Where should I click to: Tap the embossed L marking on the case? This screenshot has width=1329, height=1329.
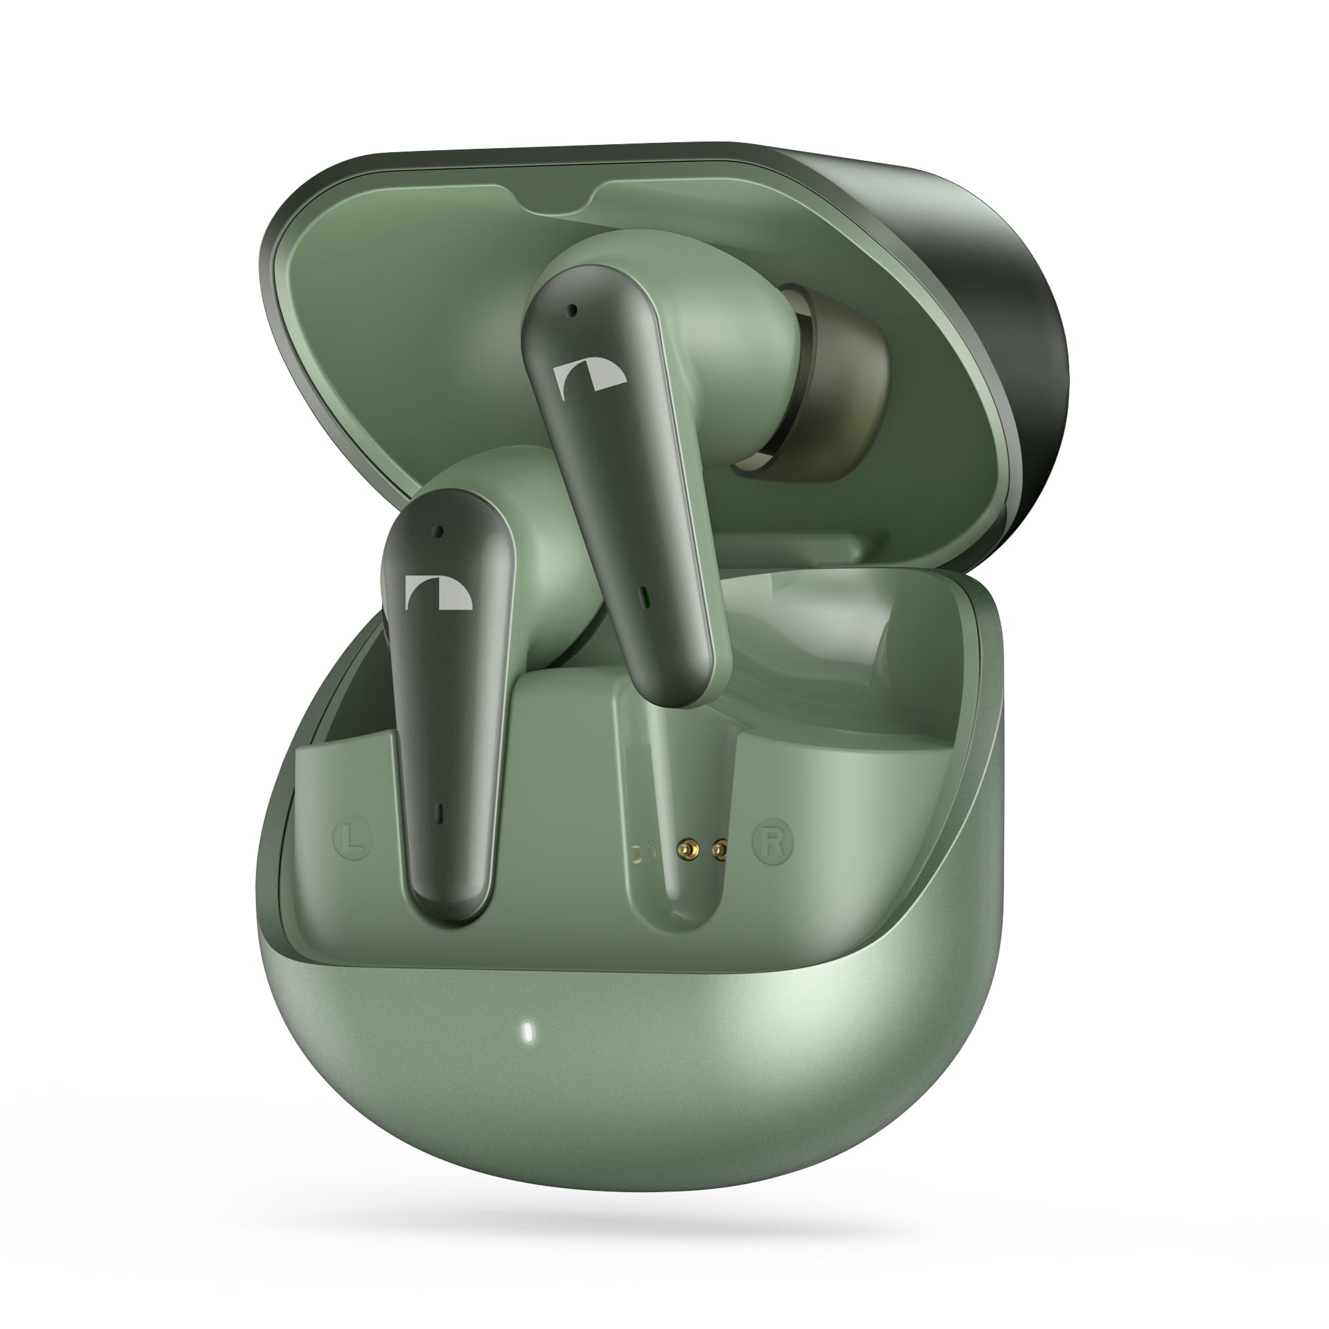tap(353, 839)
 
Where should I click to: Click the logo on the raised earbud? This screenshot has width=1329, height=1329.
tap(589, 381)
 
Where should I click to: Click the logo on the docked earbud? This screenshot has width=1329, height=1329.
tap(438, 592)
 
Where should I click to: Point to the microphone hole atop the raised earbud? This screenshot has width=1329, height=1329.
tap(571, 311)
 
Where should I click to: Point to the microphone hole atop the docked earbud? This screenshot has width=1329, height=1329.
tap(437, 532)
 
